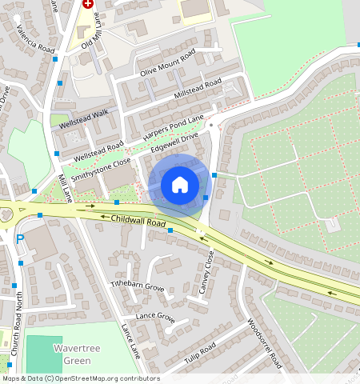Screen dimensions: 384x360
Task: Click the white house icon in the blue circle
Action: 180,185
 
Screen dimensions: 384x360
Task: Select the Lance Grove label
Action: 154,317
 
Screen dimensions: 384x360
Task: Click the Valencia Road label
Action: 35,39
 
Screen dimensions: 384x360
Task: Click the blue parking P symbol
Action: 20,238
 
